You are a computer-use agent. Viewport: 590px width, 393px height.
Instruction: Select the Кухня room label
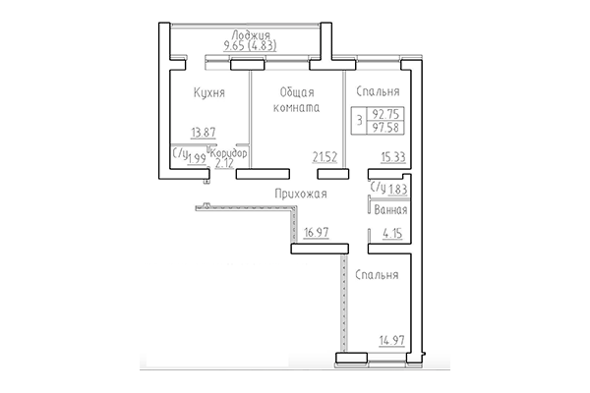(x=210, y=93)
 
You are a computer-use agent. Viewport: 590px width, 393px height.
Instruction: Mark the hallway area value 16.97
(x=316, y=233)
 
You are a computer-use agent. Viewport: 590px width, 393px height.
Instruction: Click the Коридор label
(x=228, y=153)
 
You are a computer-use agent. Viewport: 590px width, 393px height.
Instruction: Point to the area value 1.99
(x=198, y=158)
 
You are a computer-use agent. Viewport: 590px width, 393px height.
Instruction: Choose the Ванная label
(x=390, y=210)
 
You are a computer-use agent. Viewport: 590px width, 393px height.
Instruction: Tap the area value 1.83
(x=396, y=188)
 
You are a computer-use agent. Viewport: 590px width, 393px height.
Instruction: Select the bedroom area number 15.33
(x=392, y=155)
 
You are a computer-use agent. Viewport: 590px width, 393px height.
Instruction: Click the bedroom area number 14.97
(x=393, y=341)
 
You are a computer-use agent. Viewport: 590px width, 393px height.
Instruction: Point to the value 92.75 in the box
(x=385, y=114)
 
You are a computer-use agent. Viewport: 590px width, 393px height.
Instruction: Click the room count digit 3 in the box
(x=359, y=121)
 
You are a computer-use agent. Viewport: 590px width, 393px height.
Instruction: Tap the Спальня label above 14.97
(x=377, y=276)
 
